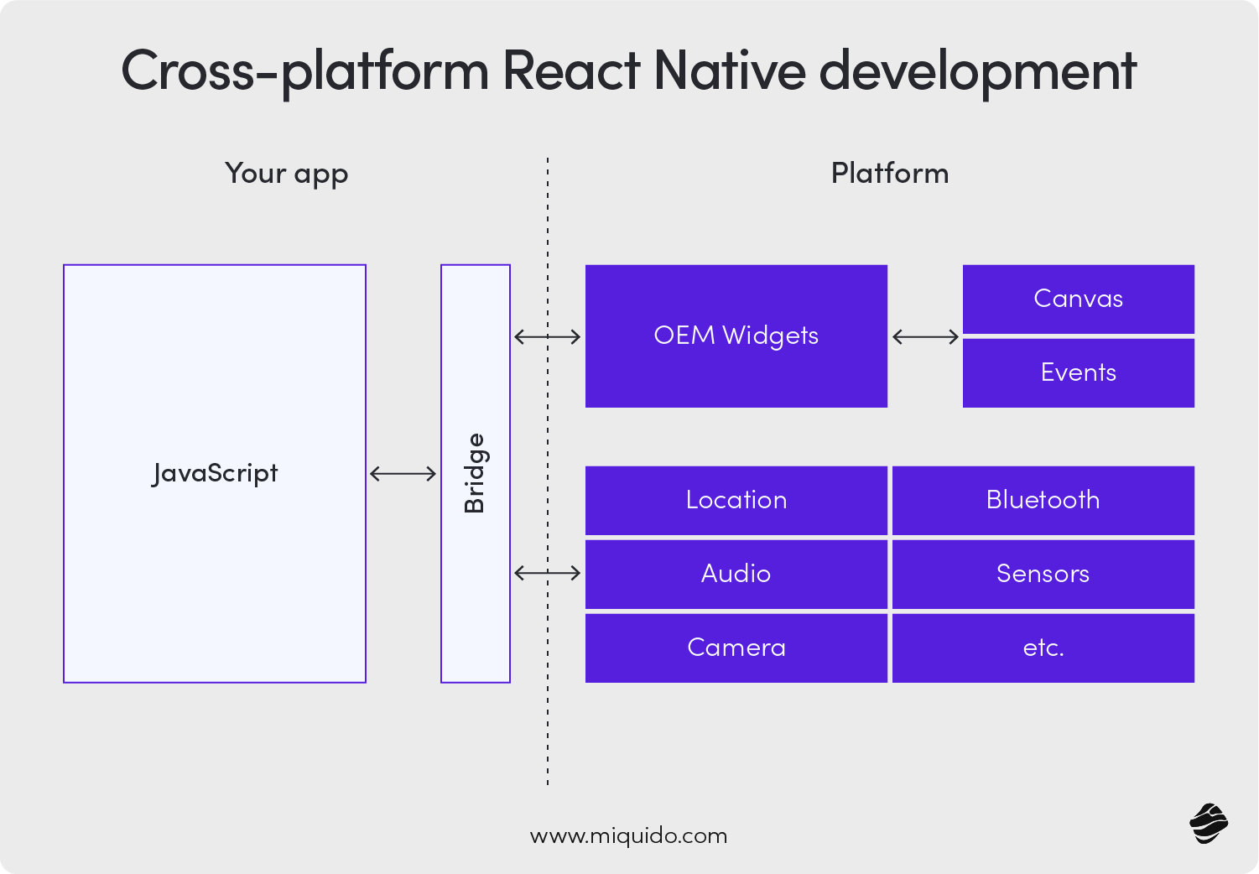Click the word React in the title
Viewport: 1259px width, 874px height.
coord(571,70)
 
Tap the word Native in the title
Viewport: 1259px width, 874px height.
coord(729,70)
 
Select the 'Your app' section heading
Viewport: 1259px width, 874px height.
coord(286,174)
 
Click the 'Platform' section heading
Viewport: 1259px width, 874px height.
coord(889,174)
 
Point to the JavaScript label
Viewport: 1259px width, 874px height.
coord(215,474)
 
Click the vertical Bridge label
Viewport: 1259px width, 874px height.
coord(475,473)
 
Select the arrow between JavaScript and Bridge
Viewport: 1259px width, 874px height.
coord(403,474)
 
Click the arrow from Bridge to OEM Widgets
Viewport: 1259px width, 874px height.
coord(547,337)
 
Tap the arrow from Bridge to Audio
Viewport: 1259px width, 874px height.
coord(547,573)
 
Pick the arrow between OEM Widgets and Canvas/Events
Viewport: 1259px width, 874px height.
coord(925,337)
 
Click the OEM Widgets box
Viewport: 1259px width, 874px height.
coord(736,336)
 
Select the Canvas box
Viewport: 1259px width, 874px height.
coord(1078,299)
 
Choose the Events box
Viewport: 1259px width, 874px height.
coord(1078,373)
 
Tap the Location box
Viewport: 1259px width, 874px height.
coord(736,501)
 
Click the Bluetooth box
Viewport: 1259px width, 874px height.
coord(1043,501)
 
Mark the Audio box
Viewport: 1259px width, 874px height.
coord(736,574)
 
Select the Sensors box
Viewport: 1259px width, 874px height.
coord(1043,574)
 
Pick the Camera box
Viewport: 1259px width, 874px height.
coord(736,648)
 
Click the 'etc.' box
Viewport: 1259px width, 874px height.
coord(1043,648)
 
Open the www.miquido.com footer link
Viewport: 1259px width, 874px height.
coord(628,836)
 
